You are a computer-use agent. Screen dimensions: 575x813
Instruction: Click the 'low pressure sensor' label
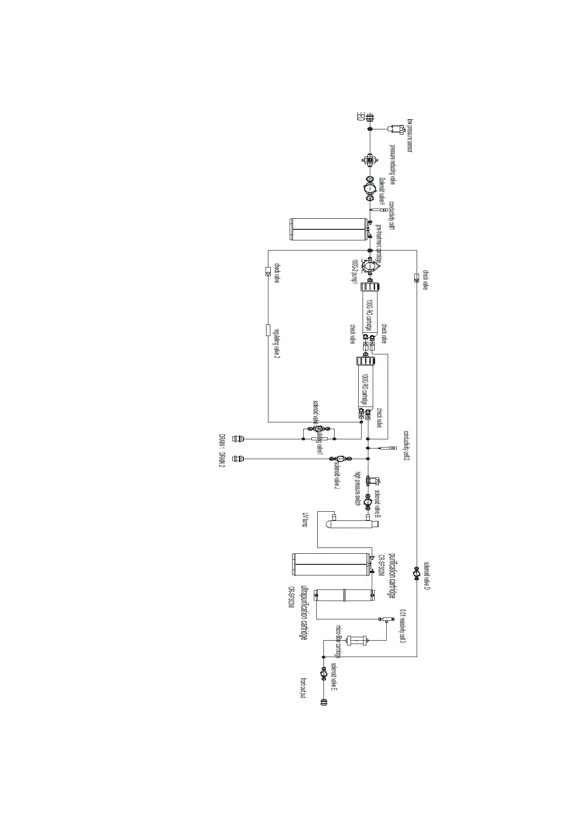coord(410,135)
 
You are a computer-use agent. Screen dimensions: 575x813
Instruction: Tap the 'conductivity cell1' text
coord(392,215)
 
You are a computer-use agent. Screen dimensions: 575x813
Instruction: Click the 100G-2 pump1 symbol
coord(370,265)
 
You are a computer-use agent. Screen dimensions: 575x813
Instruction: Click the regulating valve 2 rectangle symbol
coord(268,330)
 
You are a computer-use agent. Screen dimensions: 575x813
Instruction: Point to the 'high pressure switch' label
coord(358,488)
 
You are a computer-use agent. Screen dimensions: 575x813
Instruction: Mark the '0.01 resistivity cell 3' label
coord(403,626)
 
